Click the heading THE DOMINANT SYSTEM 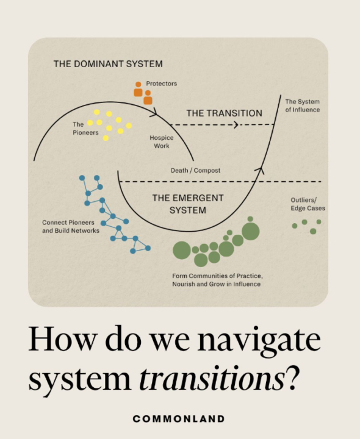click(108, 64)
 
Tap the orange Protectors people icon click(143, 93)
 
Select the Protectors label click(161, 84)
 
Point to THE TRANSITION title click(225, 113)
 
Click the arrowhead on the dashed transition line click(236, 124)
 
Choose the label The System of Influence click(303, 105)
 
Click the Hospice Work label click(162, 141)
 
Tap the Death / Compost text click(195, 170)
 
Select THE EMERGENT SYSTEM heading click(188, 204)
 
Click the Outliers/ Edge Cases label click(308, 204)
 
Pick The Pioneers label click(85, 128)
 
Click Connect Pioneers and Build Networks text click(71, 226)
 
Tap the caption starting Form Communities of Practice click(217, 280)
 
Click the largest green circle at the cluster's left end click(182, 250)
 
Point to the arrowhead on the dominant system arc click(154, 113)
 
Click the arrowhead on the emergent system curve click(261, 170)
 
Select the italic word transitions click(212, 379)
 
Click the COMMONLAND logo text click(179, 419)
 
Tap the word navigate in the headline click(259, 341)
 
